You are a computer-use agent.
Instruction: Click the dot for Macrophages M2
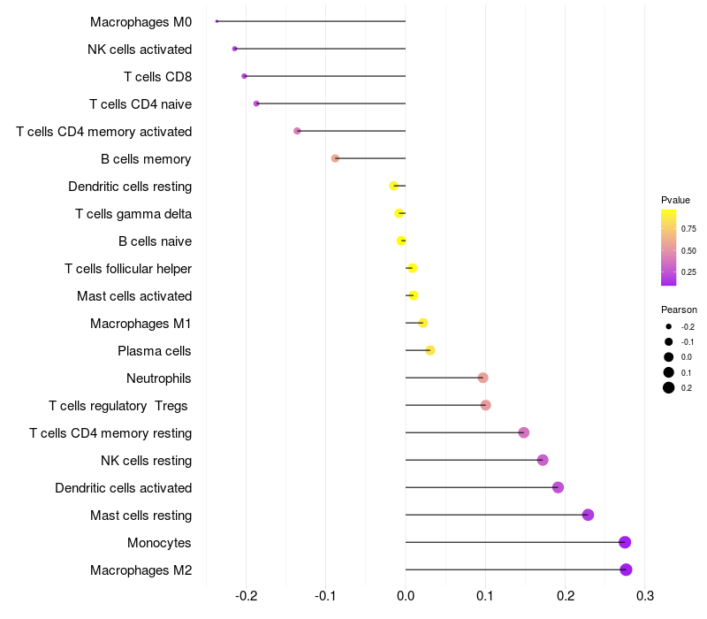[x=626, y=569]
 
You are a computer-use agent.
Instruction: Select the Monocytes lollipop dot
[x=625, y=542]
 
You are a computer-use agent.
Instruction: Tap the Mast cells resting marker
[x=588, y=515]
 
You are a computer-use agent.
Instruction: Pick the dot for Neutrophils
[x=483, y=378]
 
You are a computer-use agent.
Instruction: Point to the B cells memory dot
[x=335, y=158]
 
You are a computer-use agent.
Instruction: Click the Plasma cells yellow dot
[x=430, y=350]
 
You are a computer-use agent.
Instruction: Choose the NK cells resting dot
[x=543, y=460]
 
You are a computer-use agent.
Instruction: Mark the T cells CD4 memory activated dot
[x=297, y=131]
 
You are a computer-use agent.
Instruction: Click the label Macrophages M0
[x=141, y=21]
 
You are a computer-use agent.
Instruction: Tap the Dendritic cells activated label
[x=123, y=487]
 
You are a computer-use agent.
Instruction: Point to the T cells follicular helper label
[x=128, y=268]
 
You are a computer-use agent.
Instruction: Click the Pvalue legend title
[x=675, y=200]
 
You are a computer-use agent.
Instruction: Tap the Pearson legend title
[x=679, y=309]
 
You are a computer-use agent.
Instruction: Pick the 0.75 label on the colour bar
[x=688, y=228]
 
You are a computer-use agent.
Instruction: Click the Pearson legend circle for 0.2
[x=669, y=387]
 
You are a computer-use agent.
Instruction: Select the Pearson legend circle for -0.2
[x=669, y=326]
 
